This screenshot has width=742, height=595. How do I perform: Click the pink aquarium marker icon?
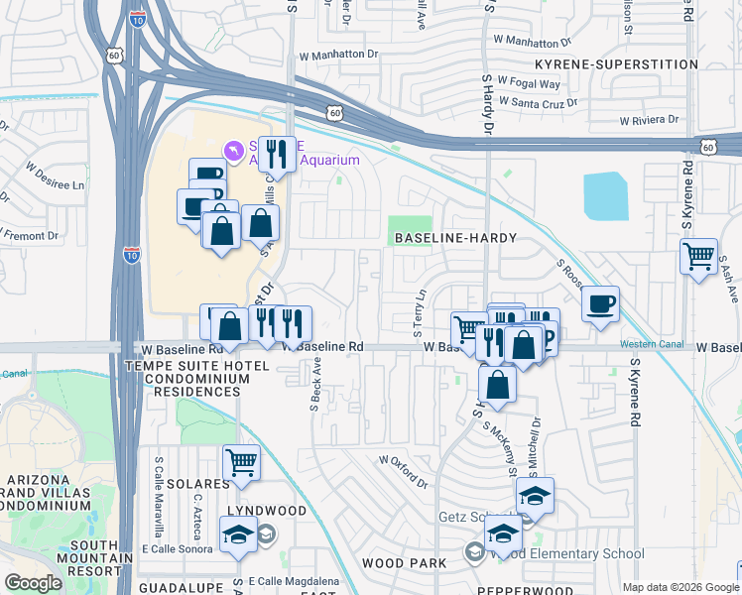[x=233, y=150]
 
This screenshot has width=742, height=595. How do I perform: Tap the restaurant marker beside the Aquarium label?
[x=277, y=154]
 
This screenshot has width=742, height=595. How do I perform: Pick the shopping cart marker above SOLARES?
[x=242, y=462]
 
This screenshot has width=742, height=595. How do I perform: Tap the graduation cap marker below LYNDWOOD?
[x=239, y=536]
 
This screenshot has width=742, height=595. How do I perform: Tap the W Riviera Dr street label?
[x=649, y=120]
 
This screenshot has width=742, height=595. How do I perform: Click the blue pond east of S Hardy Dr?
[x=605, y=196]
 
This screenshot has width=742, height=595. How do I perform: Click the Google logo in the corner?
[x=33, y=583]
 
